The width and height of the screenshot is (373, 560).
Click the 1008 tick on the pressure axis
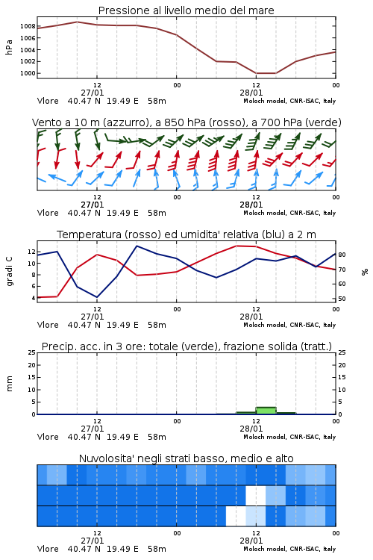28,26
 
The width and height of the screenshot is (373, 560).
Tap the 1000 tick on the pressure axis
28,74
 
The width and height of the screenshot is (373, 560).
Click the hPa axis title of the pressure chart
9,47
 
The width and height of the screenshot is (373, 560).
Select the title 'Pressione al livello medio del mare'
186,10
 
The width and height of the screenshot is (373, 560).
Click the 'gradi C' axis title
9,271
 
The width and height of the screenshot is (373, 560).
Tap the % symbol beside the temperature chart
365,272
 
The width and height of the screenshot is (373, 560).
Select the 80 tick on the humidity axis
342,255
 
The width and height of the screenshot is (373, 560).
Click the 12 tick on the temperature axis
31,252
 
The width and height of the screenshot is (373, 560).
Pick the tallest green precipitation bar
266,411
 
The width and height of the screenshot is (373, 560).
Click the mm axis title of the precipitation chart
9,384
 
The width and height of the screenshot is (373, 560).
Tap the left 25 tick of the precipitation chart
31,352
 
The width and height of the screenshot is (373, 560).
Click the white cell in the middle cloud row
256,495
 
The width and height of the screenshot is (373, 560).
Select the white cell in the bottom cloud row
236,516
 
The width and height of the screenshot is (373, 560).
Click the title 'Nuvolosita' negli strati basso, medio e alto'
186,458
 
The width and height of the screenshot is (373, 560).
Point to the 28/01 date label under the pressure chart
251,93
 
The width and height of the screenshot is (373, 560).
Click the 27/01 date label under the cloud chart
93,541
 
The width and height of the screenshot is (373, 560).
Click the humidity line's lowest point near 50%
97,297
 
